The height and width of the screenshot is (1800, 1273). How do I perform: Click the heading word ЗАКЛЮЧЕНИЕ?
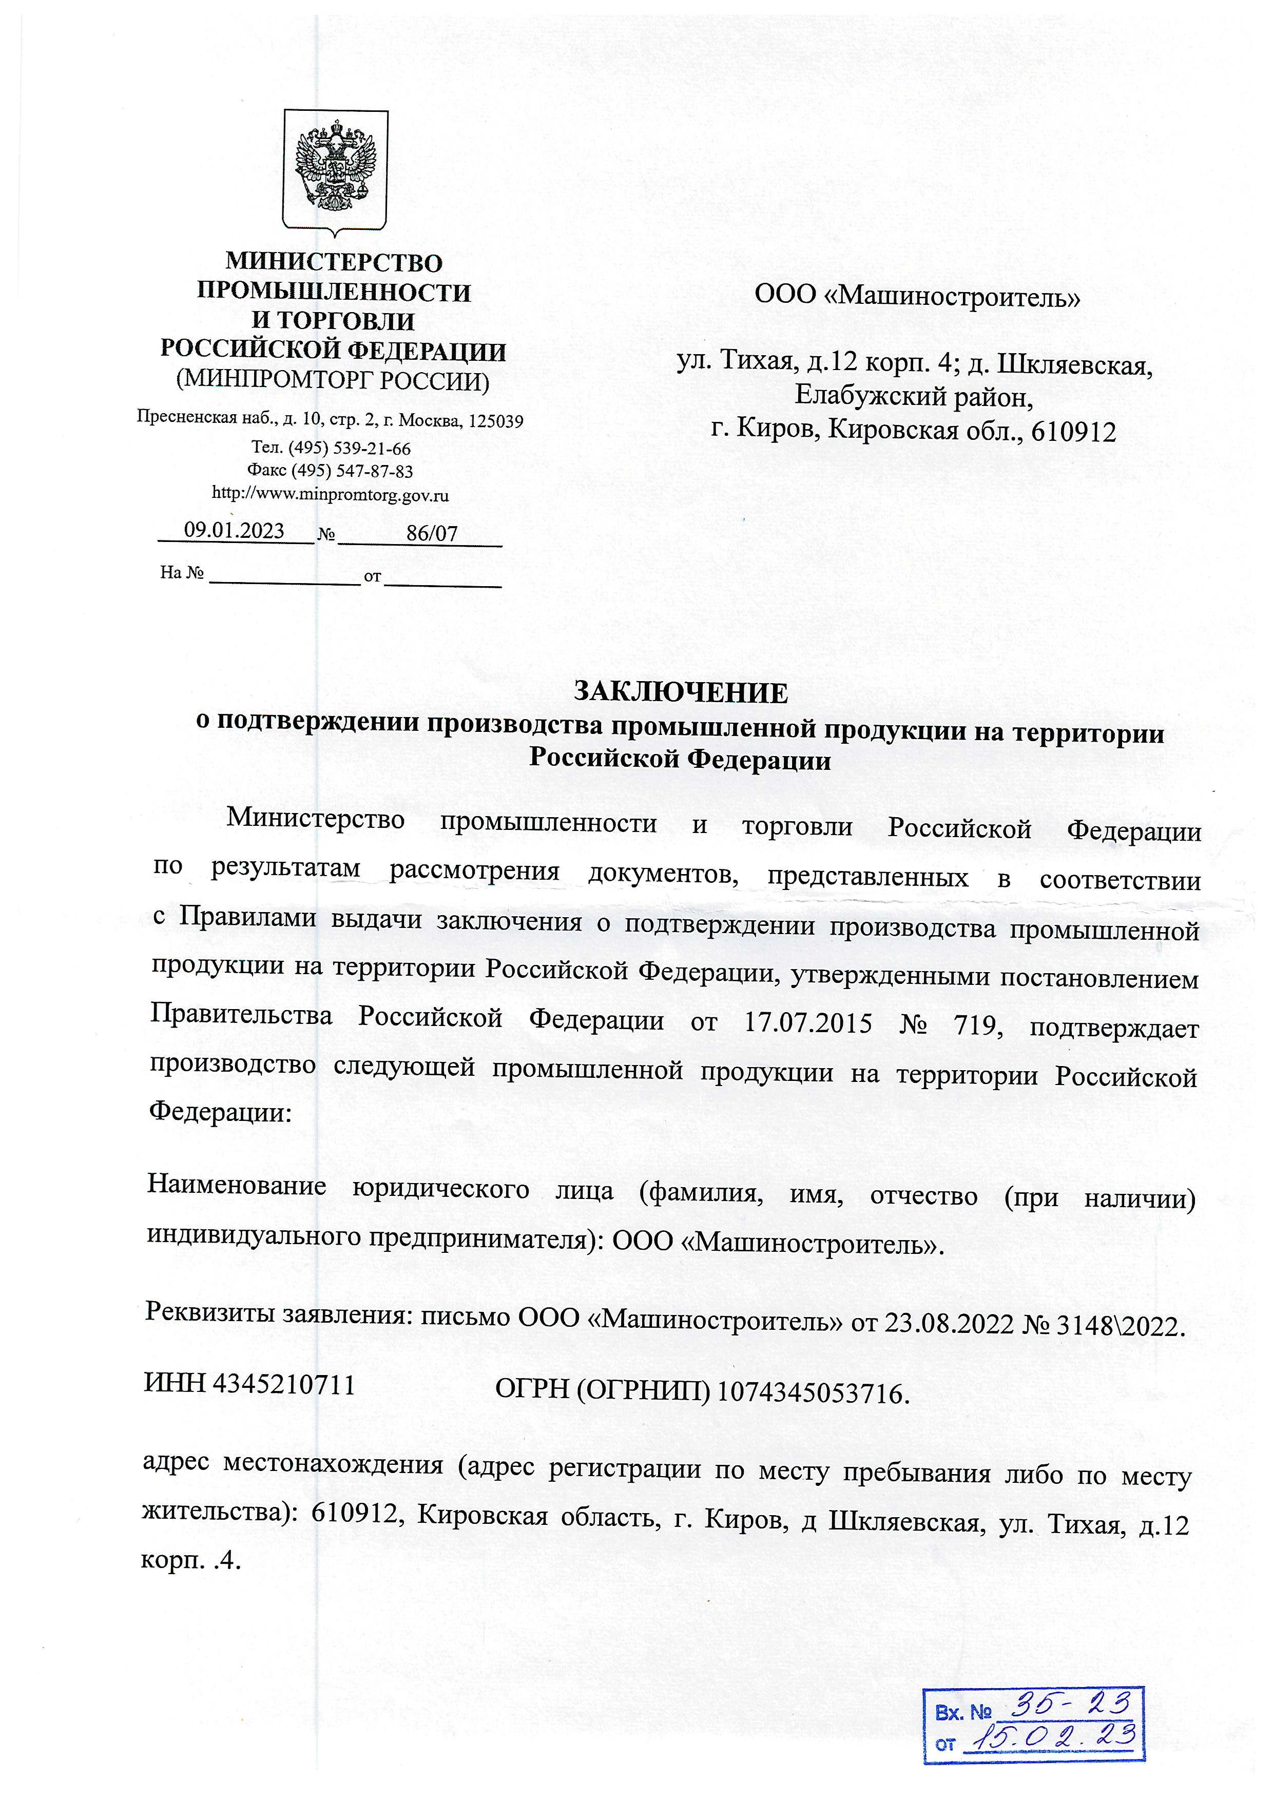681,693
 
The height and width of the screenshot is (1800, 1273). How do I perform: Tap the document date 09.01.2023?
234,531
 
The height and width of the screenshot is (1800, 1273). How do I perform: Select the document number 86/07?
432,534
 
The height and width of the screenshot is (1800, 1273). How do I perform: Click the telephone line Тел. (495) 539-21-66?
331,449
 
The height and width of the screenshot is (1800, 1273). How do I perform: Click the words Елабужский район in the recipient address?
914,397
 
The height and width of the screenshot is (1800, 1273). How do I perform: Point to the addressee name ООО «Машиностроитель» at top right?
918,297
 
